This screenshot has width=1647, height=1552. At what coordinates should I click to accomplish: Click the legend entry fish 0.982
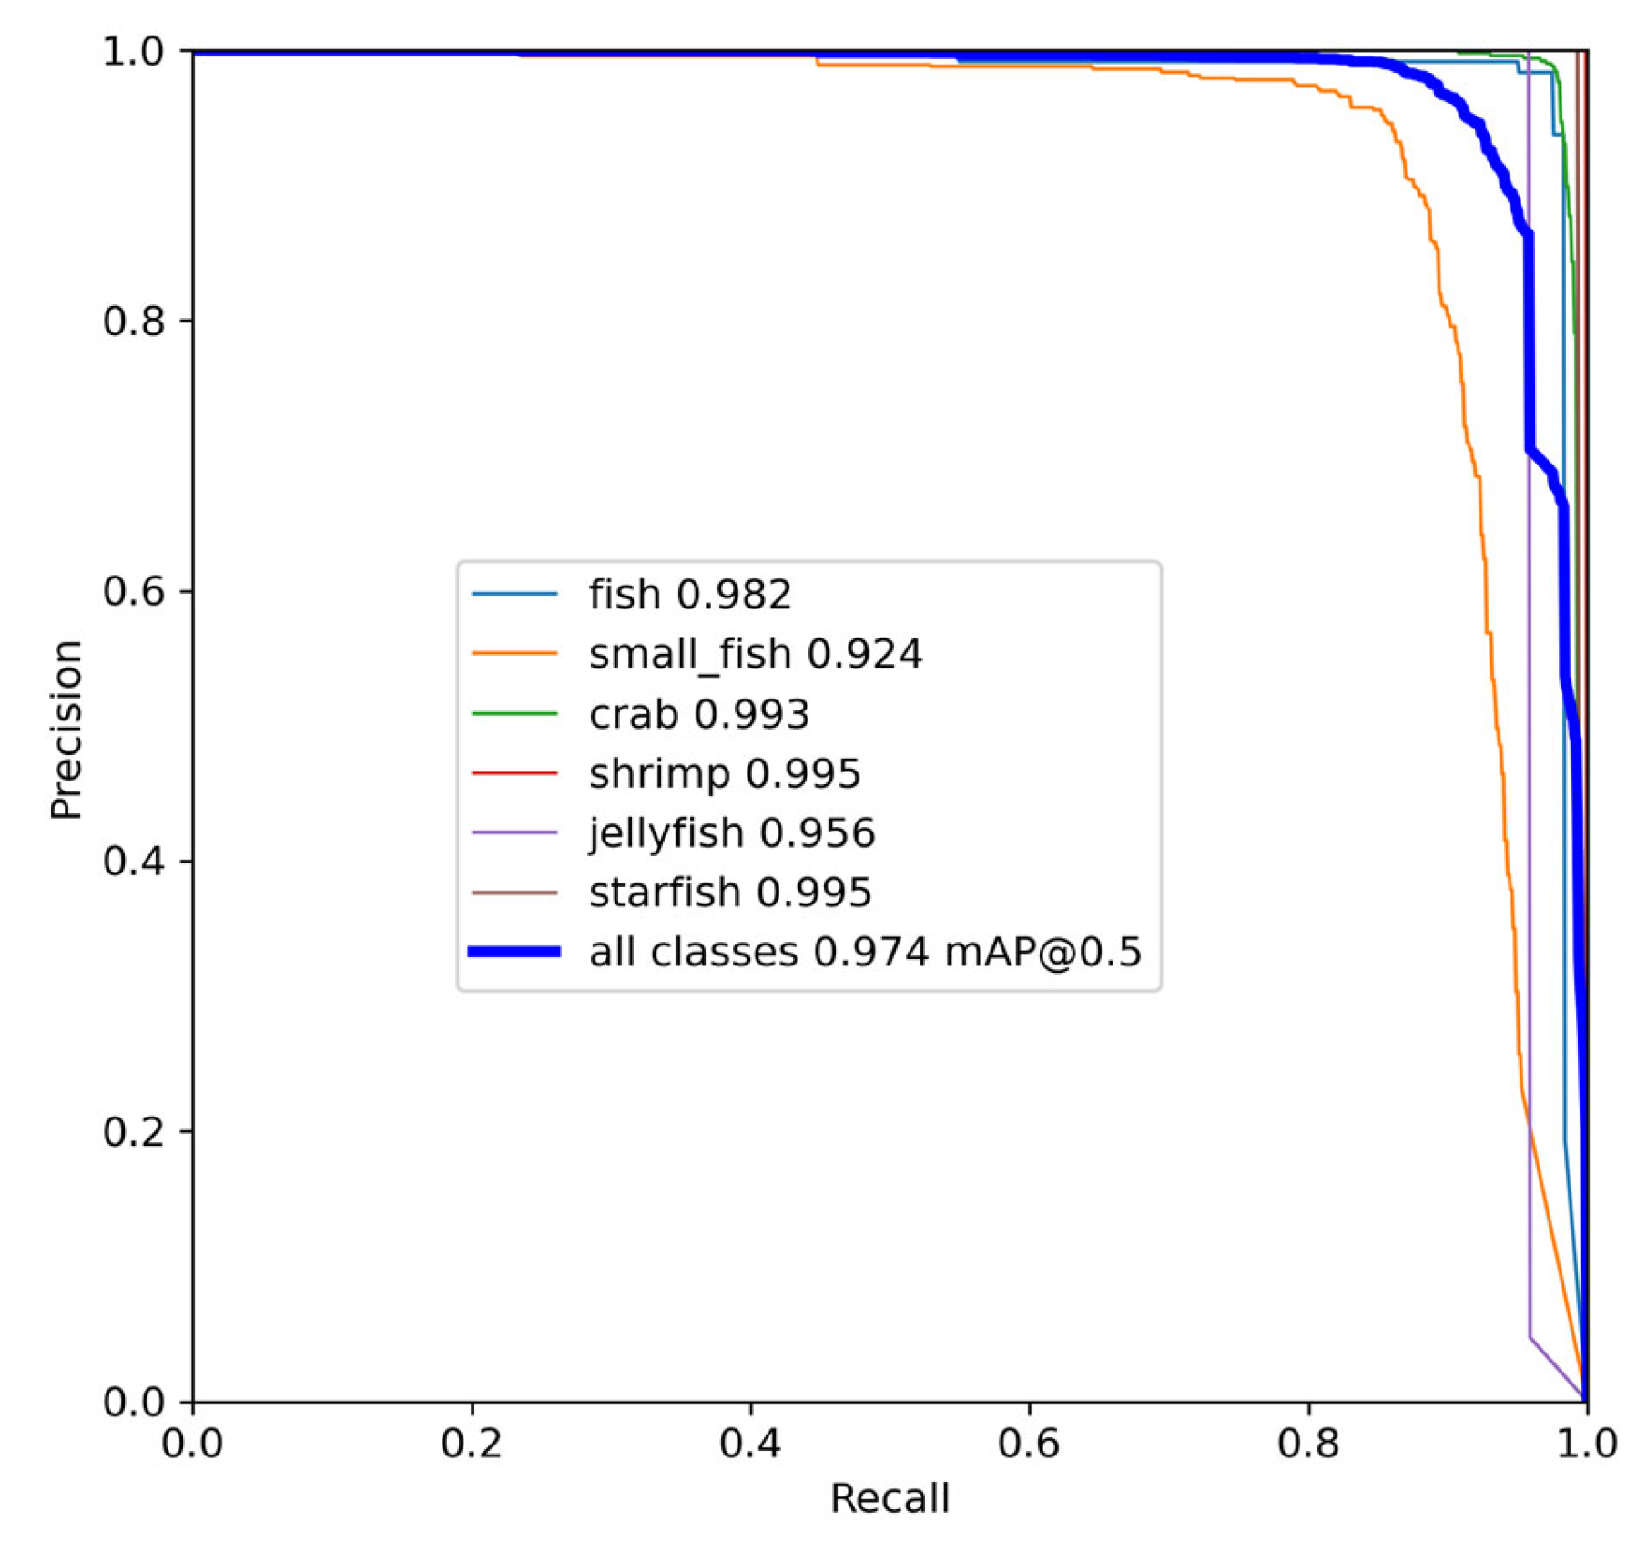click(x=689, y=595)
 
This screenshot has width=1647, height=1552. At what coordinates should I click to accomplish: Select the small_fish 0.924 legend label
click(x=755, y=654)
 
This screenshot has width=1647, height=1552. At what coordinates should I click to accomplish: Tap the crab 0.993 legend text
click(x=698, y=714)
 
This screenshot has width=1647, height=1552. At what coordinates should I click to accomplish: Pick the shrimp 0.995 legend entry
click(x=724, y=773)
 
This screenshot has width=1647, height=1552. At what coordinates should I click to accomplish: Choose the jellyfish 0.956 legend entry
click(x=731, y=832)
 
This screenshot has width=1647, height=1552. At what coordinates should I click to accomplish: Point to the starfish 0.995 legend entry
click(x=729, y=892)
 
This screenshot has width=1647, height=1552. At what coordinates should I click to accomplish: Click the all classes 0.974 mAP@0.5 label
click(x=864, y=952)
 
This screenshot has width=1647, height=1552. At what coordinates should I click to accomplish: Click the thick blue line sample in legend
click(x=514, y=952)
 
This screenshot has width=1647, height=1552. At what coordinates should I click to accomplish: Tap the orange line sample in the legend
click(x=514, y=654)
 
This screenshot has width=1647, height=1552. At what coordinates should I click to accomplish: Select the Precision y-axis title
click(x=66, y=730)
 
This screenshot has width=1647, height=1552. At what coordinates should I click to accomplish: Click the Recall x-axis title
click(x=890, y=1498)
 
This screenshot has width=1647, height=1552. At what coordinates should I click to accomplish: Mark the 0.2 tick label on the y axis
click(x=134, y=1132)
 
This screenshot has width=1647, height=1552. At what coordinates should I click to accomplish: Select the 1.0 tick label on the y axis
click(x=134, y=52)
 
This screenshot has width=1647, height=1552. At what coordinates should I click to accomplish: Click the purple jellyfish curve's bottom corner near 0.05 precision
click(x=1530, y=1338)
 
